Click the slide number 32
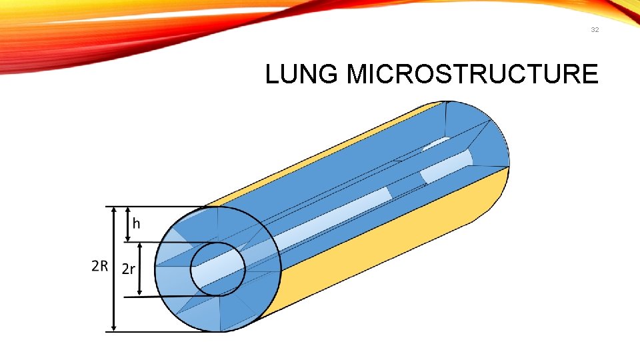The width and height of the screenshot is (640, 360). pos(594,30)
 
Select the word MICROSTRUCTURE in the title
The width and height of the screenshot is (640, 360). pos(473,75)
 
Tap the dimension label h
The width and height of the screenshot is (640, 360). pos(136,223)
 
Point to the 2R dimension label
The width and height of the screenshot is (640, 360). pos(100,267)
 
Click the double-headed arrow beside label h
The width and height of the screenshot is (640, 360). pos(127,225)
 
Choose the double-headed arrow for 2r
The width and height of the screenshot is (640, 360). pos(140,269)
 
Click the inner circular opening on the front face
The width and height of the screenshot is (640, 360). pos(218,269)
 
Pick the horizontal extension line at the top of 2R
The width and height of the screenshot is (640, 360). pos(160,207)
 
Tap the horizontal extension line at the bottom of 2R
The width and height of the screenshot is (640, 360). pos(167,331)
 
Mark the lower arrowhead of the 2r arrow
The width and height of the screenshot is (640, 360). pos(140,291)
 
